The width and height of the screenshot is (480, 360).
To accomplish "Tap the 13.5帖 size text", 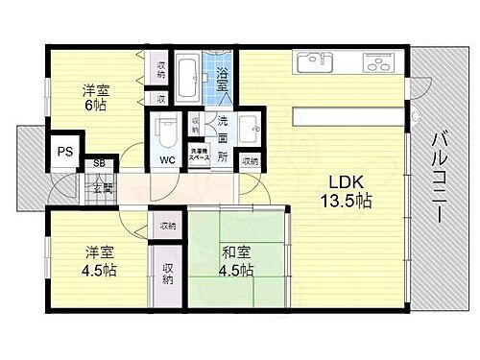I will (x=346, y=203).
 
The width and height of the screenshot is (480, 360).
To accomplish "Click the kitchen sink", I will (x=314, y=62).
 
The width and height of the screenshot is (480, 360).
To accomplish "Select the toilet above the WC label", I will (x=168, y=129).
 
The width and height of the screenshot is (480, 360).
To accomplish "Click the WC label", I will (x=167, y=160).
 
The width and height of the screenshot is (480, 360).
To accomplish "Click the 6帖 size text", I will (x=95, y=106).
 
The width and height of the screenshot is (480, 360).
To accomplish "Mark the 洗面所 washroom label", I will (x=221, y=138).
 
